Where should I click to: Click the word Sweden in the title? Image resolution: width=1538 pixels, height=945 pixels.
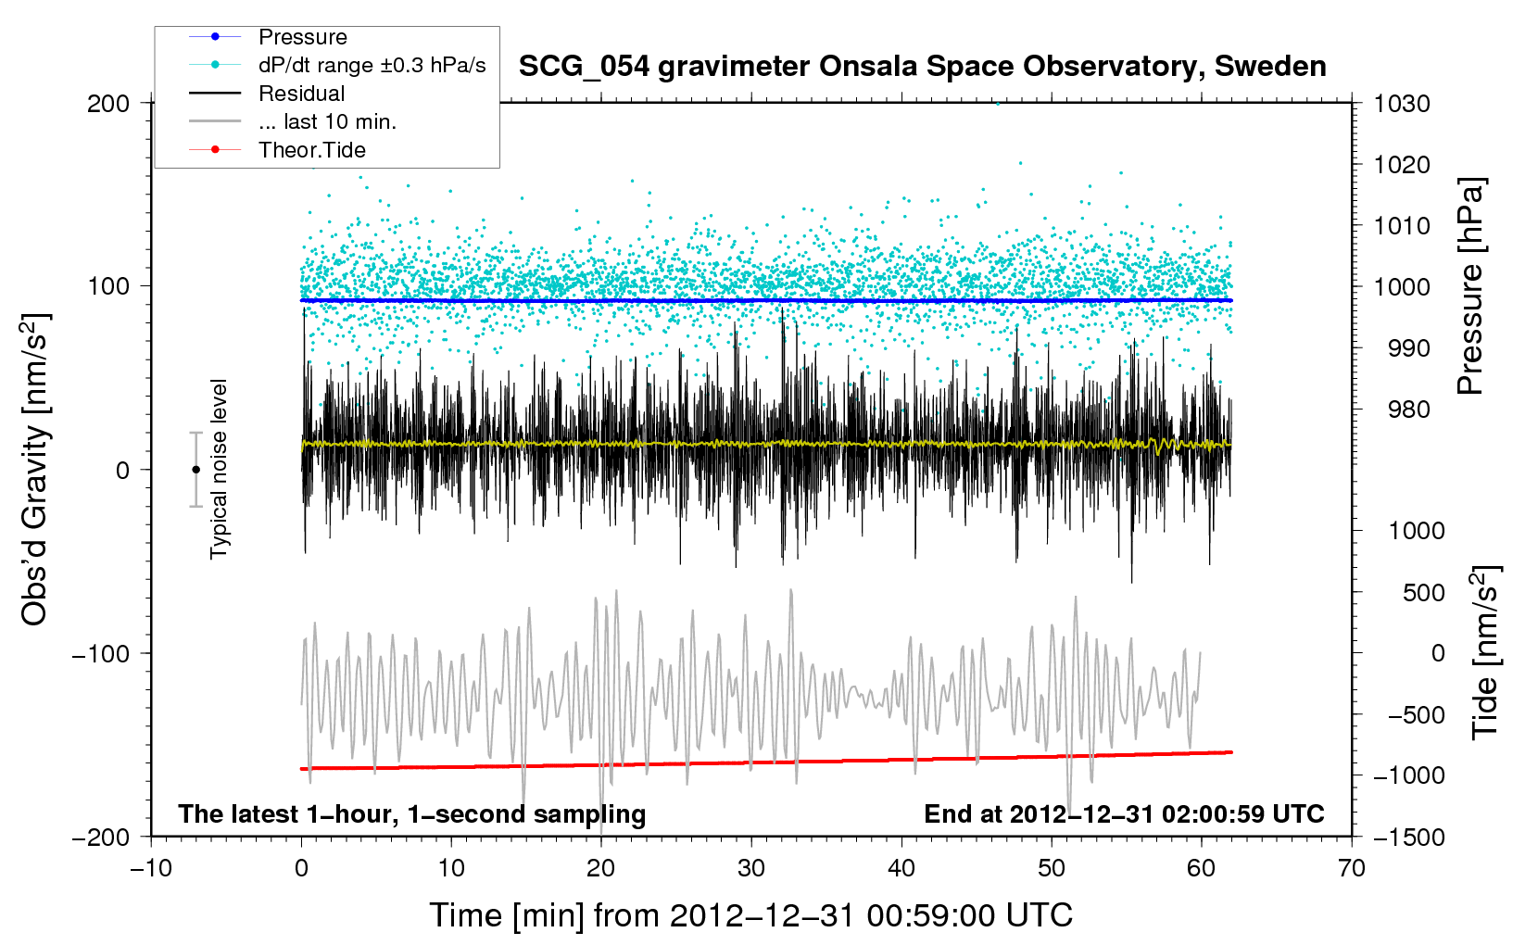pyautogui.click(x=1269, y=67)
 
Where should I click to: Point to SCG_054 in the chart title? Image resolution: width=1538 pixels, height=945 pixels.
pyautogui.click(x=584, y=68)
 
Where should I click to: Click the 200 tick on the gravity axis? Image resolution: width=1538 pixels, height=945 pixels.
pyautogui.click(x=108, y=104)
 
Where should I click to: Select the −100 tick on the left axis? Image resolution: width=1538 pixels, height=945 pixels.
pyautogui.click(x=101, y=653)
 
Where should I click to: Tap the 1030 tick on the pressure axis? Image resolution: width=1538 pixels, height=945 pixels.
pyautogui.click(x=1402, y=104)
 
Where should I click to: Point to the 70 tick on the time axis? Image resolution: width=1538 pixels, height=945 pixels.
pyautogui.click(x=1351, y=868)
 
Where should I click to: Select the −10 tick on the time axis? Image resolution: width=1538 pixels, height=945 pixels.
pyautogui.click(x=150, y=868)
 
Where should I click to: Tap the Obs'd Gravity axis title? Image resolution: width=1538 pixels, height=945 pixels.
pyautogui.click(x=34, y=470)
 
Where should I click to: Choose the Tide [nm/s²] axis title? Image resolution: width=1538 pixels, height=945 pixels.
pyautogui.click(x=1486, y=652)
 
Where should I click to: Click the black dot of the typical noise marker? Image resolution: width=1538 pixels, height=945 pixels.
pyautogui.click(x=195, y=470)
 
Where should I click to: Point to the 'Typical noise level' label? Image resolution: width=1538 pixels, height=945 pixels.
pyautogui.click(x=219, y=469)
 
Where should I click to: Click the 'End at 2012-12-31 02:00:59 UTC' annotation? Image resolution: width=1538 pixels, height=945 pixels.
pyautogui.click(x=1124, y=813)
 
